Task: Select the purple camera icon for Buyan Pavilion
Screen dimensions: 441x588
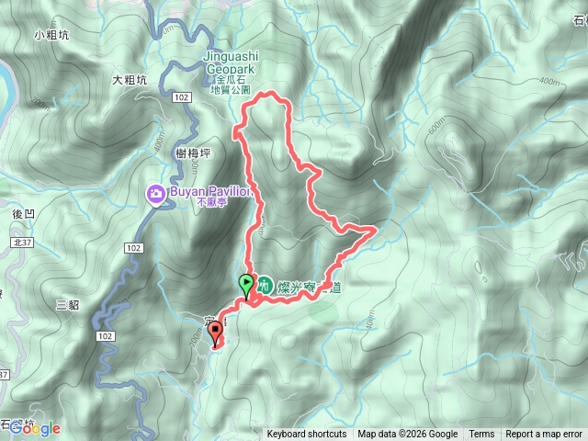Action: tap(155, 193)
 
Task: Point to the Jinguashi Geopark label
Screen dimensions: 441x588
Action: tap(231, 62)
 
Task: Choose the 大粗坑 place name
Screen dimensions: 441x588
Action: tap(129, 80)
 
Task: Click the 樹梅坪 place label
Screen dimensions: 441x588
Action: tap(193, 154)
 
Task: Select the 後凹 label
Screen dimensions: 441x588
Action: tap(24, 214)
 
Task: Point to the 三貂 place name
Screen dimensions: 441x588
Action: tap(68, 303)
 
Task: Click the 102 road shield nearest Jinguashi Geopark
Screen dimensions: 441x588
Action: tap(180, 96)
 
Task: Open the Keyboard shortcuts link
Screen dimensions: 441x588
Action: tap(307, 435)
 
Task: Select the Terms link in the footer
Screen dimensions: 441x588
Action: tap(481, 435)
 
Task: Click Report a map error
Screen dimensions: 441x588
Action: tap(544, 435)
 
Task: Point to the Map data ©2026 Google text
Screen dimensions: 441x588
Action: tap(408, 435)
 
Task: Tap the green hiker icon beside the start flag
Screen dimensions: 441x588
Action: tap(264, 285)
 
